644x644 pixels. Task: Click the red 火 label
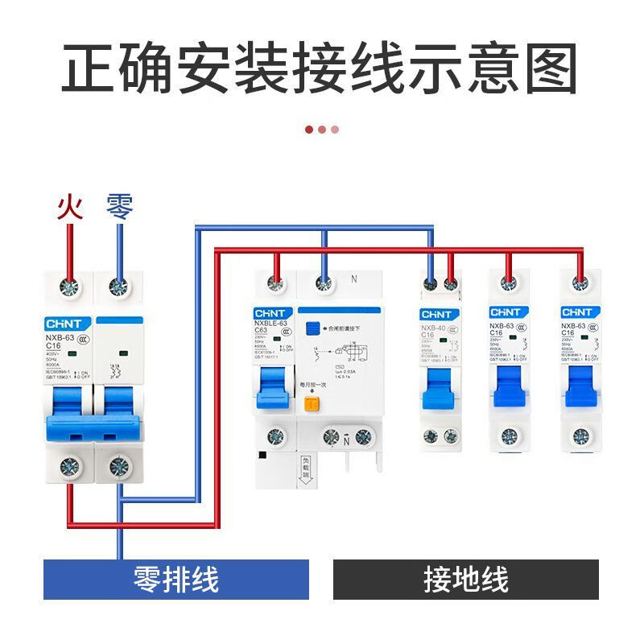(70, 208)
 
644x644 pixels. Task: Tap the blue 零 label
(120, 208)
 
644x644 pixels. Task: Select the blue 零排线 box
(175, 580)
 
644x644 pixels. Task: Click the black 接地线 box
(466, 580)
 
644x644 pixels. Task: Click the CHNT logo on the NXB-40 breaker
(439, 314)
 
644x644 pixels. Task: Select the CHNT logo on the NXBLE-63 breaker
(273, 313)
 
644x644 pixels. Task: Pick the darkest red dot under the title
(309, 129)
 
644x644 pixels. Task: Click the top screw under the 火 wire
(70, 287)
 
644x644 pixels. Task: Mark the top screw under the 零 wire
(120, 287)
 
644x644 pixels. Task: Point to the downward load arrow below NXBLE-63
(306, 475)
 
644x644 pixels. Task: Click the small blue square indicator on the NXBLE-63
(312, 328)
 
